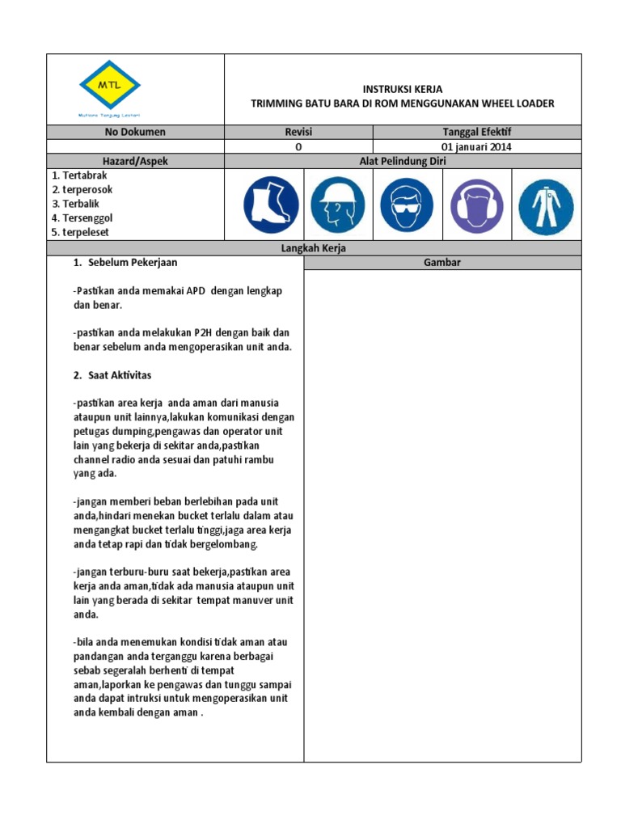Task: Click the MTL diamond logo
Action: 110,85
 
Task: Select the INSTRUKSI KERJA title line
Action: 402,89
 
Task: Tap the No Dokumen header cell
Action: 135,132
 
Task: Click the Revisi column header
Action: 298,132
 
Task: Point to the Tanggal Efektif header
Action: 476,132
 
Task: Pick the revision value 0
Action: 298,146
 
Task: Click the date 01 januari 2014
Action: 476,146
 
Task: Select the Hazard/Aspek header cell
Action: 135,161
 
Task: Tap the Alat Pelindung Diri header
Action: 402,161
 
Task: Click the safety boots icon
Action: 272,205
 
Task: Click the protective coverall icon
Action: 546,205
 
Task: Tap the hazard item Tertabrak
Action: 79,175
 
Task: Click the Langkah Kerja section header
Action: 314,248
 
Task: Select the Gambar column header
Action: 442,263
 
